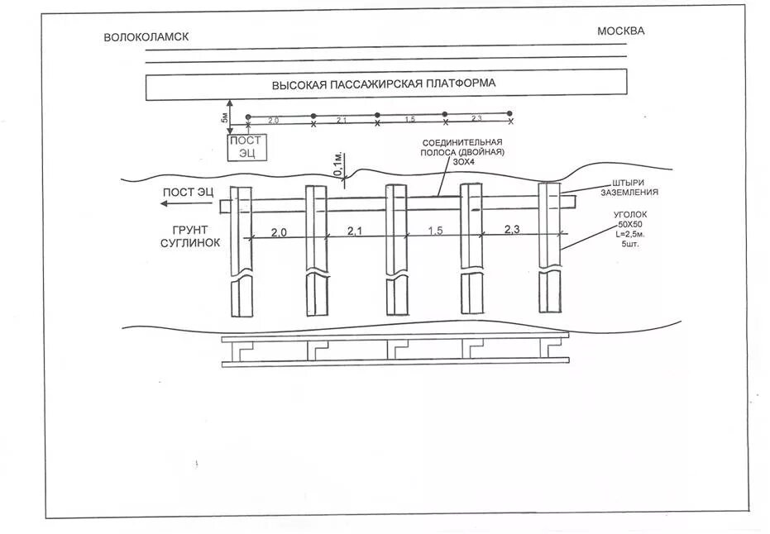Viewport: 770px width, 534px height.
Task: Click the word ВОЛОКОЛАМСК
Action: [146, 37]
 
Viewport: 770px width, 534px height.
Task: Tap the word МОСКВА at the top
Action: [620, 31]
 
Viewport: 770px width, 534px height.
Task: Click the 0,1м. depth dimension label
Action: [337, 165]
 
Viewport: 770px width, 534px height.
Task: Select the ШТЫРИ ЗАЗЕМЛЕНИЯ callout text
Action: [630, 188]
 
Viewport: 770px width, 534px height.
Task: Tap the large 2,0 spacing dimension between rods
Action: [279, 232]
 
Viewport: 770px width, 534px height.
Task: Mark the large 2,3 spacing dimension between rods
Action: [511, 229]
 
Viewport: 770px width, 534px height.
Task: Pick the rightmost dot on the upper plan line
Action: [510, 113]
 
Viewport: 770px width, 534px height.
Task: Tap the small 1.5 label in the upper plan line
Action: [410, 120]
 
